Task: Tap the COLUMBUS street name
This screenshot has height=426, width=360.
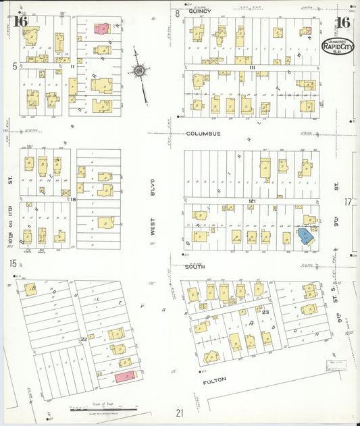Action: point(204,134)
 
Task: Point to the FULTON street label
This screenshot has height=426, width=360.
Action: point(214,380)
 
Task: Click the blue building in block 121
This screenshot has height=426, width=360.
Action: point(306,237)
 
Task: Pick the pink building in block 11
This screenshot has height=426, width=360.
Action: point(101,28)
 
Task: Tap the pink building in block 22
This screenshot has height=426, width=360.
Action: point(125,377)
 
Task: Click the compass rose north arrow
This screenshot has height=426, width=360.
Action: point(140,71)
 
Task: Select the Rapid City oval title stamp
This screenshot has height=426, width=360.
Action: point(336,47)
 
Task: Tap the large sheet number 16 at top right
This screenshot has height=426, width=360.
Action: point(342,22)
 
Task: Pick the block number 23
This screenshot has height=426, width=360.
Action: point(266,312)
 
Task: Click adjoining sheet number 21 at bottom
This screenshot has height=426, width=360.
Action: point(179,412)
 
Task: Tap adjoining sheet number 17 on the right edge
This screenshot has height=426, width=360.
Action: point(348,202)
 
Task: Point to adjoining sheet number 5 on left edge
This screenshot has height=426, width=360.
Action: point(14,66)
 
